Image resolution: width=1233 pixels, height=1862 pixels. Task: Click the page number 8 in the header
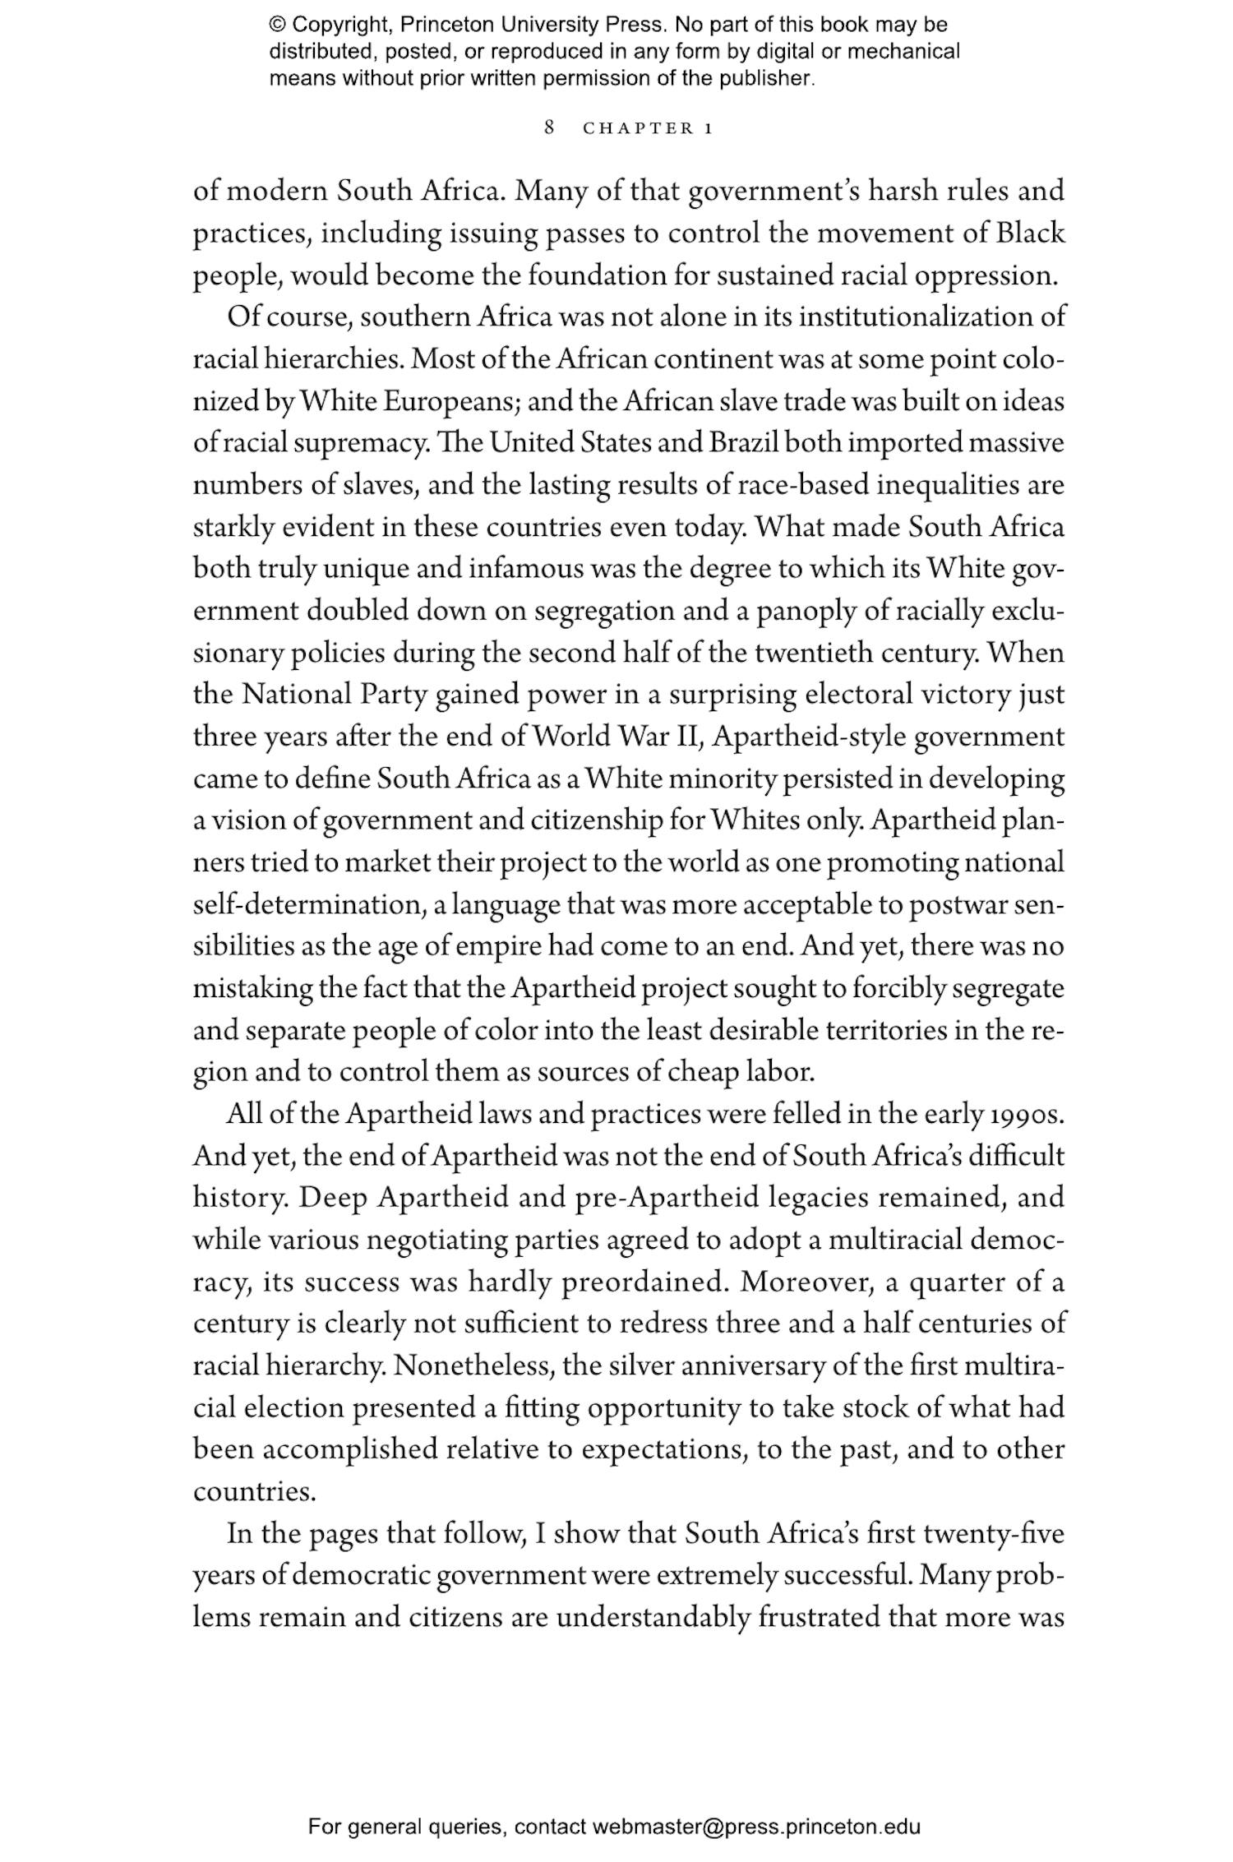pos(550,127)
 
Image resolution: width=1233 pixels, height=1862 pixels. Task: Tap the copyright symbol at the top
pos(277,25)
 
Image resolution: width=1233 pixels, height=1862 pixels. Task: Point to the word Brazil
pos(745,443)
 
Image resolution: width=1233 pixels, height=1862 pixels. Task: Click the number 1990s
pos(1027,1115)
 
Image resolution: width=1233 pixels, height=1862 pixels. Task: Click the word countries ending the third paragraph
pos(254,1492)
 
